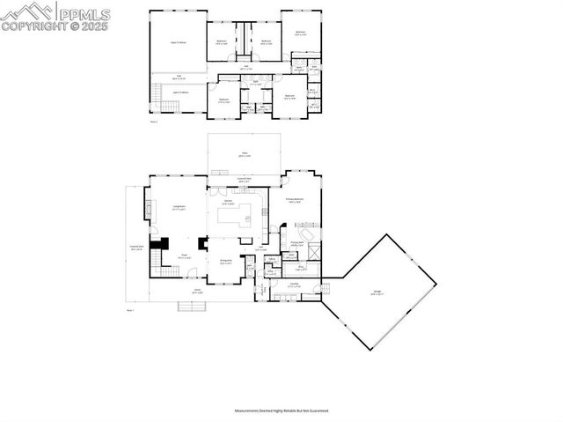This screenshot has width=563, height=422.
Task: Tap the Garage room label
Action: tap(376, 294)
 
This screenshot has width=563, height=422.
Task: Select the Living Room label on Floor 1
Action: tap(178, 209)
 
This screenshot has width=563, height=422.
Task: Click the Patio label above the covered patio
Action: tap(245, 155)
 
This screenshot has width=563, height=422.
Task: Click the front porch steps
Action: tap(192, 307)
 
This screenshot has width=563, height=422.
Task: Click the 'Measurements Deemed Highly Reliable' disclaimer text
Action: tap(281, 411)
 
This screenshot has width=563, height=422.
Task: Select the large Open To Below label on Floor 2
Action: tap(178, 41)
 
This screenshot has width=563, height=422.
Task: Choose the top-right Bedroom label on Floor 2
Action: tap(301, 33)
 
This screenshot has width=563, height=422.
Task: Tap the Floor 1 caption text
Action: tap(130, 311)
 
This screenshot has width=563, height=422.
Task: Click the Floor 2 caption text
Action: tap(154, 122)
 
